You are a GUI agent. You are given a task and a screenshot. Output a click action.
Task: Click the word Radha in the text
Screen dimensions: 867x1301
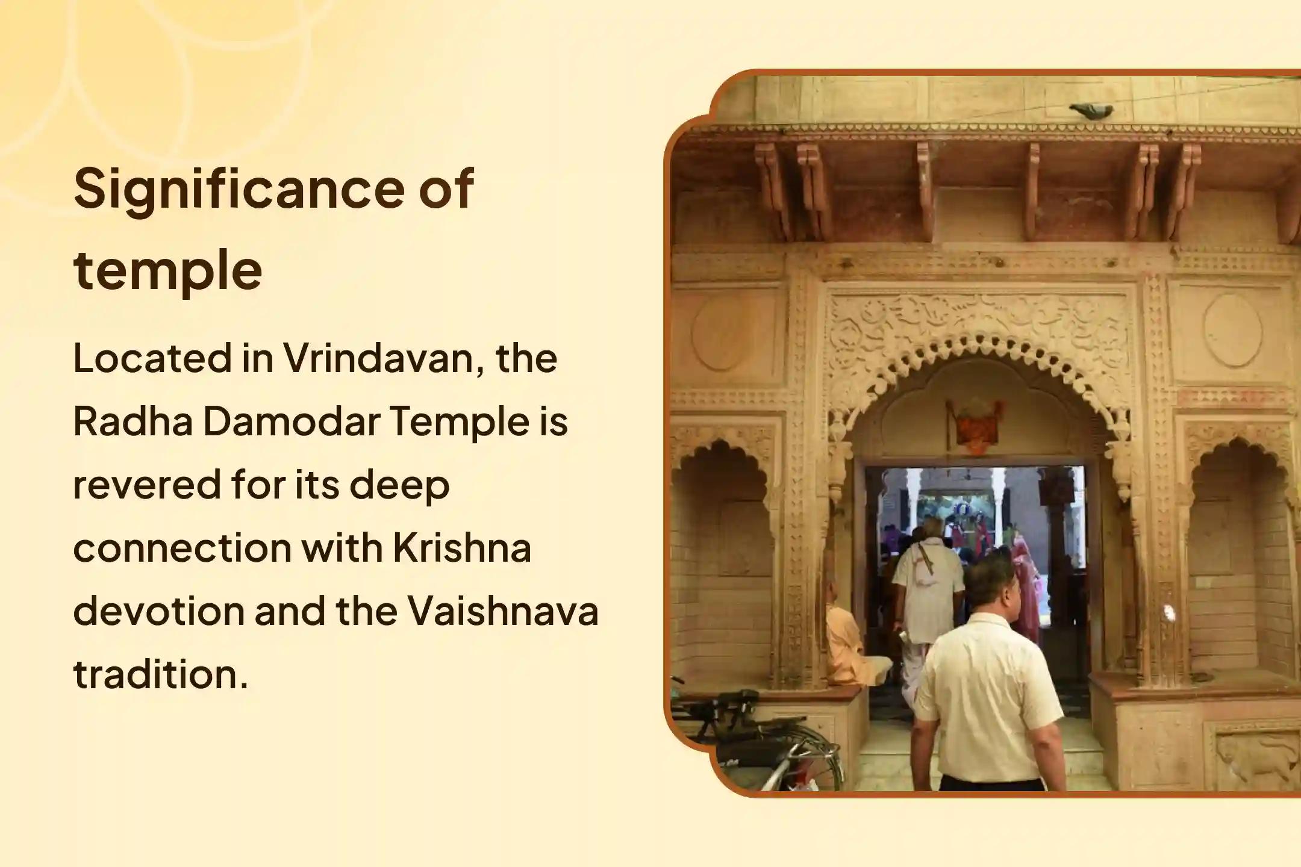pos(133,421)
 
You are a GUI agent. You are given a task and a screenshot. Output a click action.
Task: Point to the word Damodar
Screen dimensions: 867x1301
pos(292,421)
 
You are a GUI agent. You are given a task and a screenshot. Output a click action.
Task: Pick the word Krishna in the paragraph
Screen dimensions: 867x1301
pos(462,548)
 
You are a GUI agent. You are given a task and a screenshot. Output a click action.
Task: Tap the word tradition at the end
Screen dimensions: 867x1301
pos(160,674)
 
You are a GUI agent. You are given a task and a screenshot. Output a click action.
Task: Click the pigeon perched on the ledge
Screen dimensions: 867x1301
pos(1091,110)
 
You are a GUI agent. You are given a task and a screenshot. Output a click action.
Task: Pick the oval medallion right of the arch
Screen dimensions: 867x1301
pos(1232,330)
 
